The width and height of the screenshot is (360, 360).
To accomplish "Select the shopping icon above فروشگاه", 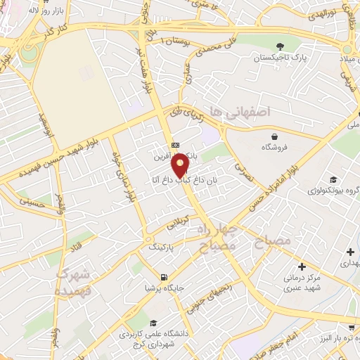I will (274, 136).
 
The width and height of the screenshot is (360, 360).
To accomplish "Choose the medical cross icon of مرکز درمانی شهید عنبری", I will (302, 266).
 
